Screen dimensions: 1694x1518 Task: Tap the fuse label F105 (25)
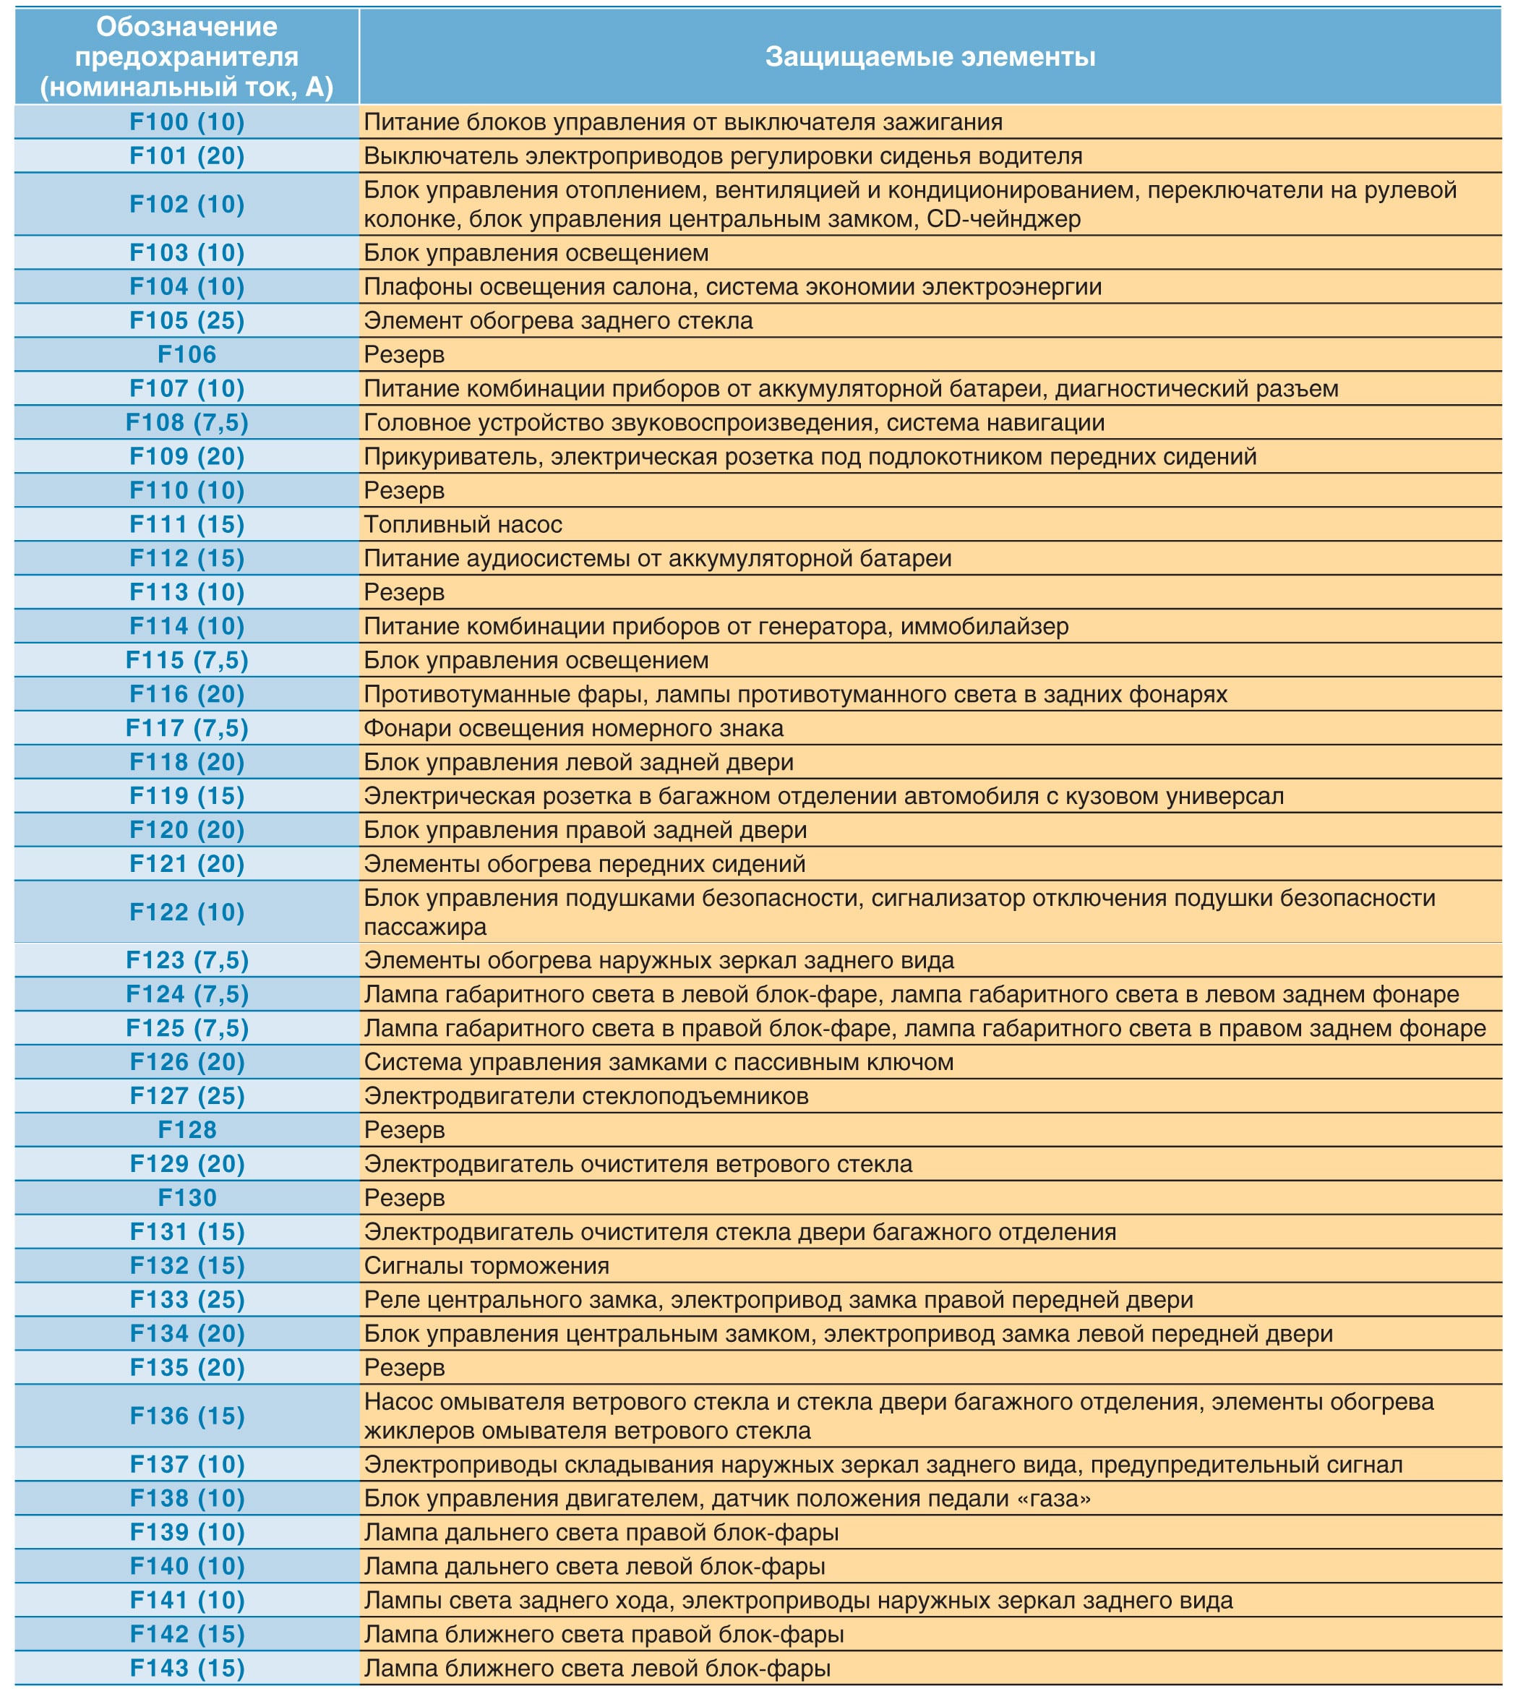(x=186, y=320)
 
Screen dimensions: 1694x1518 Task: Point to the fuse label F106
(x=186, y=354)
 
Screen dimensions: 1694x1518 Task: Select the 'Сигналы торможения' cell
(x=486, y=1265)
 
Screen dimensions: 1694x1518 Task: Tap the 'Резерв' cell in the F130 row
(x=405, y=1198)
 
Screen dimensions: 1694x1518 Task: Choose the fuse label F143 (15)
(x=186, y=1667)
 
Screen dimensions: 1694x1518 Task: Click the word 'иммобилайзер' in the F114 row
(x=989, y=625)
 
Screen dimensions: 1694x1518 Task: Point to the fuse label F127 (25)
(x=186, y=1096)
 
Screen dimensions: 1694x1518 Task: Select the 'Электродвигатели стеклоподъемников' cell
(x=586, y=1096)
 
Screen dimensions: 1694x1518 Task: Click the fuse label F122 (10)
(x=186, y=912)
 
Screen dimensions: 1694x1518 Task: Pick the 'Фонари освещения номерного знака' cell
(x=573, y=728)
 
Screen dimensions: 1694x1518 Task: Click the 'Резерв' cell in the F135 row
(x=405, y=1367)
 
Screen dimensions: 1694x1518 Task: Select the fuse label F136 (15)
(x=186, y=1416)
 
